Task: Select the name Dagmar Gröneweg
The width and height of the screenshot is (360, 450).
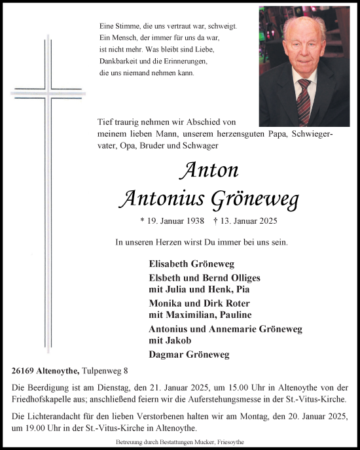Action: pos(186,355)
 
